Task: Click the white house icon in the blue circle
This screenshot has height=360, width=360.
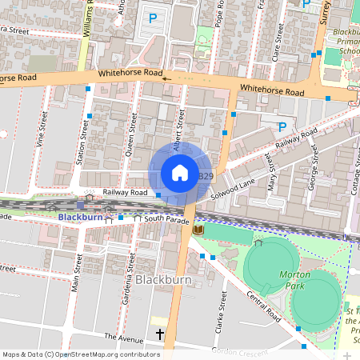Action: [180, 173]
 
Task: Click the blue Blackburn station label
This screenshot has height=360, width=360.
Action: [80, 217]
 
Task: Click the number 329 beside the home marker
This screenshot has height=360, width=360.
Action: [206, 176]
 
